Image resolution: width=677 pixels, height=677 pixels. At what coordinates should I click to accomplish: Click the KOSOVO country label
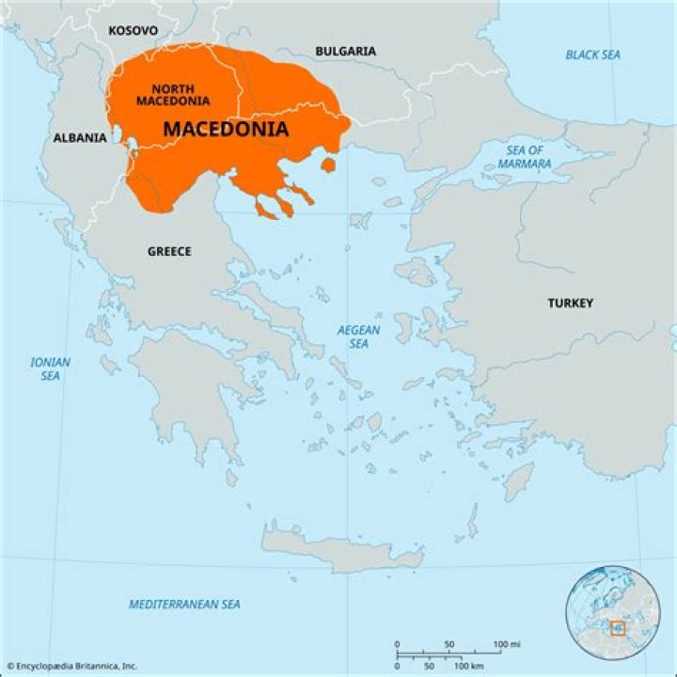pyautogui.click(x=133, y=31)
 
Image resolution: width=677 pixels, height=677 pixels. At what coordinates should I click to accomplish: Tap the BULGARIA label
pyautogui.click(x=345, y=51)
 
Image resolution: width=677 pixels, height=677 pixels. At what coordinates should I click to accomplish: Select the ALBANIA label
pyautogui.click(x=79, y=137)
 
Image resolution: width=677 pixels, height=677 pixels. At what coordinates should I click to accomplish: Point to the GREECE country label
pyautogui.click(x=169, y=251)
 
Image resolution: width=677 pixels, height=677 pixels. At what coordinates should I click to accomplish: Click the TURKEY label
pyautogui.click(x=571, y=303)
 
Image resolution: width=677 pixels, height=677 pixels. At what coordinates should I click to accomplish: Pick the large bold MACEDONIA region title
pyautogui.click(x=226, y=130)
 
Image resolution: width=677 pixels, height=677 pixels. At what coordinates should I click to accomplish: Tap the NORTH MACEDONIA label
pyautogui.click(x=172, y=95)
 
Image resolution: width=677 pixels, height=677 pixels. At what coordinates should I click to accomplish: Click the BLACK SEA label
pyautogui.click(x=593, y=55)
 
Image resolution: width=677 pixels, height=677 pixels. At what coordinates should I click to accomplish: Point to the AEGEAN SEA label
pyautogui.click(x=358, y=337)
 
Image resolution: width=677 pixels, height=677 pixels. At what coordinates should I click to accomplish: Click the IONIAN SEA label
pyautogui.click(x=50, y=368)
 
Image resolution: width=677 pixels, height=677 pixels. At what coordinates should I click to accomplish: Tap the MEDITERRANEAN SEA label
pyautogui.click(x=184, y=604)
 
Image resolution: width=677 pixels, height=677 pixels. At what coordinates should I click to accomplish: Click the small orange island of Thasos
pyautogui.click(x=328, y=165)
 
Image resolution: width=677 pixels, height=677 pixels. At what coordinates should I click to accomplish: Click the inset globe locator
pyautogui.click(x=612, y=612)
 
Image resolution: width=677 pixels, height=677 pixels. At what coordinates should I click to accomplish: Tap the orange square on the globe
pyautogui.click(x=618, y=627)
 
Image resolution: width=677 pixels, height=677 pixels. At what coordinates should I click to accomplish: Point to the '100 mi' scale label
pyautogui.click(x=508, y=644)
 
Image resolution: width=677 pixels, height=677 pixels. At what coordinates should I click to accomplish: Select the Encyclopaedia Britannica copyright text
pyautogui.click(x=71, y=666)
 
